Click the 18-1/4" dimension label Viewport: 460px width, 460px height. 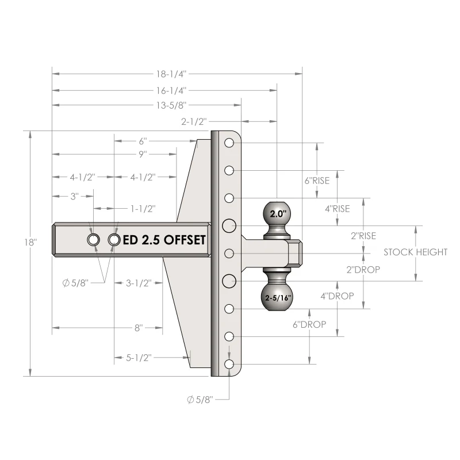171,74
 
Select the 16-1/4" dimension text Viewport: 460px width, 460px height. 171,91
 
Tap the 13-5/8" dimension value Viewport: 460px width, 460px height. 171,105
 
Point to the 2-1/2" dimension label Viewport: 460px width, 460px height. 194,121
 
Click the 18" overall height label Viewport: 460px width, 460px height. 30,242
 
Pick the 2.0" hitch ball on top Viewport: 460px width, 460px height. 277,213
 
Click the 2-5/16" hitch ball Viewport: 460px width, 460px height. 277,297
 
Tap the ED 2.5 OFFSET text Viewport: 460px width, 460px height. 164,240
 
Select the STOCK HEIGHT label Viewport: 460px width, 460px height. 415,252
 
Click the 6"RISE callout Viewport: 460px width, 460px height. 317,181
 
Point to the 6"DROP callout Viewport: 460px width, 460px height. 309,324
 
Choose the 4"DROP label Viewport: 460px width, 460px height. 337,296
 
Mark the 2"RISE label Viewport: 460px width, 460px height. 363,236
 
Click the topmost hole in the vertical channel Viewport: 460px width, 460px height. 229,143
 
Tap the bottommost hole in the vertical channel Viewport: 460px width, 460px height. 229,364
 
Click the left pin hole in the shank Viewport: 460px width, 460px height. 93,240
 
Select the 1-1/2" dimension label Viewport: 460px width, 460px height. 143,209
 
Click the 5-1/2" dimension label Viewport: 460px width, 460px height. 139,358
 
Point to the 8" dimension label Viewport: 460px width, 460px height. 139,328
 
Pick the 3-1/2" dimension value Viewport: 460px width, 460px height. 139,283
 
